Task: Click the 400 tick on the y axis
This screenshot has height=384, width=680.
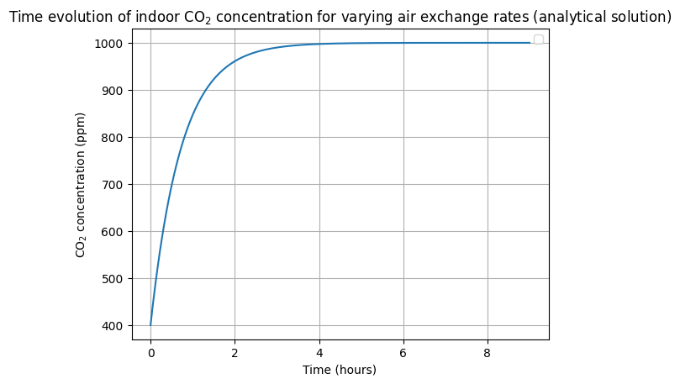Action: pyautogui.click(x=115, y=326)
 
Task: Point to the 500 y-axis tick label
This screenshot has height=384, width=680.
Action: pyautogui.click(x=115, y=279)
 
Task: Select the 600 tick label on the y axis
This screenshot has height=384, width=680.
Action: pyautogui.click(x=115, y=232)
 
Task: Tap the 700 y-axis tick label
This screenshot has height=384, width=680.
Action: pyautogui.click(x=115, y=185)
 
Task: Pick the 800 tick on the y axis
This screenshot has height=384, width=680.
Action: pyautogui.click(x=115, y=138)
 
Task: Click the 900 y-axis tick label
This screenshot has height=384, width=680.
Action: pyautogui.click(x=115, y=91)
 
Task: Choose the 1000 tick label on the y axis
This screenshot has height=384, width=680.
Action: pyautogui.click(x=112, y=44)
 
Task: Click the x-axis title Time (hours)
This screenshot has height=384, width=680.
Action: pyautogui.click(x=340, y=370)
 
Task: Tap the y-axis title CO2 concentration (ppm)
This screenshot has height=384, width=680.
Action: pyautogui.click(x=81, y=185)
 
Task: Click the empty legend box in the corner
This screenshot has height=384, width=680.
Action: pyautogui.click(x=538, y=39)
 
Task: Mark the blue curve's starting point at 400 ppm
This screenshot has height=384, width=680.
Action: pyautogui.click(x=151, y=325)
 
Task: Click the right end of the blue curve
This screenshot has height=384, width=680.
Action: pyautogui.click(x=530, y=43)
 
